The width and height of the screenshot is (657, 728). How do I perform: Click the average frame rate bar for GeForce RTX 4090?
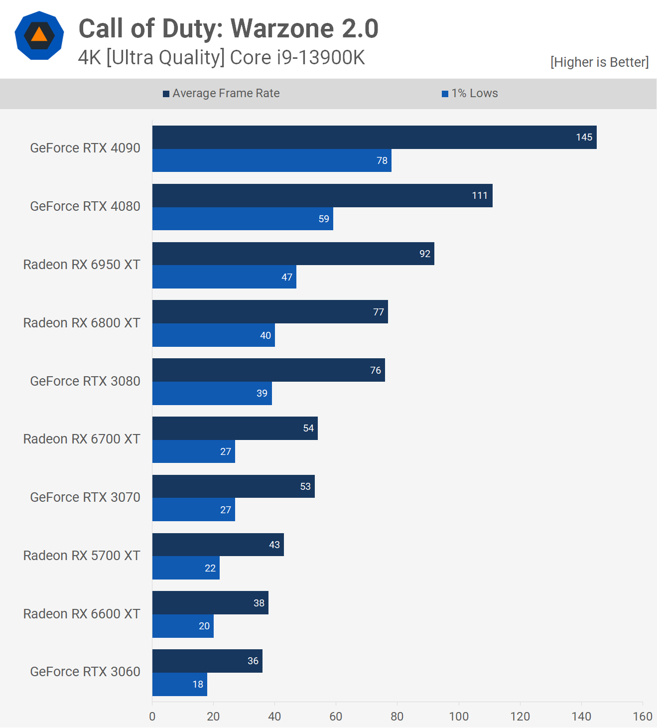pyautogui.click(x=374, y=137)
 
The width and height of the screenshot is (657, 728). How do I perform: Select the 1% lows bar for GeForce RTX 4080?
pyautogui.click(x=243, y=219)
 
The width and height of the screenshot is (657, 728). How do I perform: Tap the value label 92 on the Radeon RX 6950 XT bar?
pyautogui.click(x=424, y=254)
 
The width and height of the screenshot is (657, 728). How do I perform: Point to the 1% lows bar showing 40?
pyautogui.click(x=213, y=335)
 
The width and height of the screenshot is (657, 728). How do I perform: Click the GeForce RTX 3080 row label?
pyautogui.click(x=85, y=381)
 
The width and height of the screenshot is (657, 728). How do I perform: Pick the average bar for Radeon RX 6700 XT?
pyautogui.click(x=235, y=428)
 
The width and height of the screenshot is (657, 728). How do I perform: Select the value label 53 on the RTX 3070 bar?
pyautogui.click(x=305, y=486)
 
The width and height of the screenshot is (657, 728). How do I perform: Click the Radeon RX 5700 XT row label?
pyautogui.click(x=82, y=556)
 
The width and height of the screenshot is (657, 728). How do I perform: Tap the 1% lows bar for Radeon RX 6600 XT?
pyautogui.click(x=183, y=626)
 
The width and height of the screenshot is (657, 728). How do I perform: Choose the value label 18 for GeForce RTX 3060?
pyautogui.click(x=198, y=684)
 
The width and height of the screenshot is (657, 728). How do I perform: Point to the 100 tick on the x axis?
pyautogui.click(x=458, y=717)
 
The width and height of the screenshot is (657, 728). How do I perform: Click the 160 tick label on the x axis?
pyautogui.click(x=642, y=717)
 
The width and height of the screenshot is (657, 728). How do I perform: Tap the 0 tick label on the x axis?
pyautogui.click(x=152, y=717)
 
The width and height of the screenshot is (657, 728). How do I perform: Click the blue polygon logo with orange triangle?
pyautogui.click(x=39, y=36)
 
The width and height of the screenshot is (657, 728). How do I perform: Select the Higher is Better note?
pyautogui.click(x=599, y=62)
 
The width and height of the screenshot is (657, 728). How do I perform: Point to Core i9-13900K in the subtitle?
pyautogui.click(x=297, y=58)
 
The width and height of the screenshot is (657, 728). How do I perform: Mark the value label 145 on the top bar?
pyautogui.click(x=584, y=137)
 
